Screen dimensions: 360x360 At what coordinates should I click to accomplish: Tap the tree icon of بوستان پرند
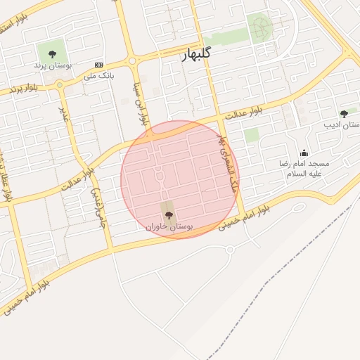click(x=51, y=53)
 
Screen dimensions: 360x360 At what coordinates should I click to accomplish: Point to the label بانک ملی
click(x=99, y=74)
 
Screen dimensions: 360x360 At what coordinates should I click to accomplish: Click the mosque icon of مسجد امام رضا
click(x=304, y=153)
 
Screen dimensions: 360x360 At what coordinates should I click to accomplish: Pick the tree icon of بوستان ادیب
click(x=344, y=114)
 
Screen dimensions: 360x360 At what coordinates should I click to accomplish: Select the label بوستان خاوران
click(x=169, y=226)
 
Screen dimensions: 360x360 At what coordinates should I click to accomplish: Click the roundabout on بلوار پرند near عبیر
click(x=60, y=85)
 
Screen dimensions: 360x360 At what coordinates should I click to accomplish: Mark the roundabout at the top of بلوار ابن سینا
click(x=131, y=58)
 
